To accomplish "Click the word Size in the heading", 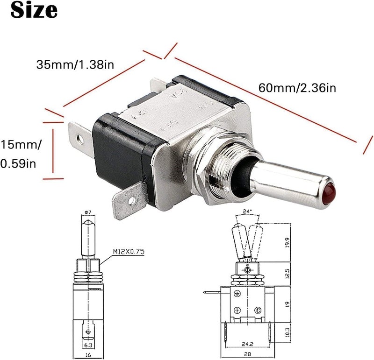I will coord(35,10).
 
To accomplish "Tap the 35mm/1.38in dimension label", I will coord(75,65).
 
